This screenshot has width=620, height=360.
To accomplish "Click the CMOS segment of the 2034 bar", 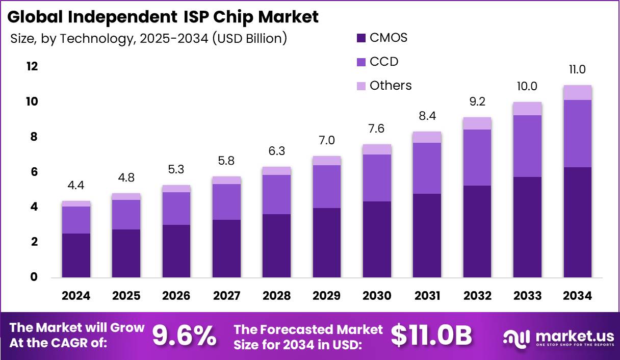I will pos(577,222).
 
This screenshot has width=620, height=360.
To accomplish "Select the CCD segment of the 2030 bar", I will pos(377,177).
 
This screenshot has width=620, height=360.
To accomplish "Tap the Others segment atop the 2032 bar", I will pos(477,123).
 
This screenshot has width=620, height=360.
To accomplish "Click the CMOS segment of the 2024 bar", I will pos(76,255).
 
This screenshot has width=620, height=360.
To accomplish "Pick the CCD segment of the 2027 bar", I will pos(226,201).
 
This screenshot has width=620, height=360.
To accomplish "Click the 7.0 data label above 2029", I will pos(327,140).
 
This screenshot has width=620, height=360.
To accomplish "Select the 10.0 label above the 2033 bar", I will pos(527,86).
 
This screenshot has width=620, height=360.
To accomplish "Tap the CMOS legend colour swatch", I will pos(361,38).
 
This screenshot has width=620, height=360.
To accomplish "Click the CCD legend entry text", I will pos(383,62).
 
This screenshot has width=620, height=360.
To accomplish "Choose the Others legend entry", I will pos(390,86).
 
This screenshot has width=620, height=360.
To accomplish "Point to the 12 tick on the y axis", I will pos(32,67).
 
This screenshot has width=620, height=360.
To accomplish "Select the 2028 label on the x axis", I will pos(276,296).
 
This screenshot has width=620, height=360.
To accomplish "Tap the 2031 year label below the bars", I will pos(427,296).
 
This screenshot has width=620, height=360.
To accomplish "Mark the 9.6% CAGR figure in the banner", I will pos(184,336).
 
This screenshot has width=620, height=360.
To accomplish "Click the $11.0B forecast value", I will pos(431,336).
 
